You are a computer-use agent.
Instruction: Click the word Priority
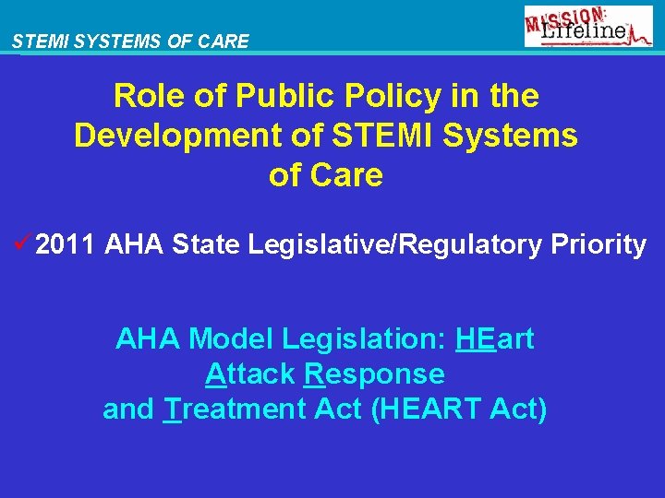[598, 245]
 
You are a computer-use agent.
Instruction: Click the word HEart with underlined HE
[494, 339]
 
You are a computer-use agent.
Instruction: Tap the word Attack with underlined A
[249, 374]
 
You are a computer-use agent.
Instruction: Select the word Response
[373, 374]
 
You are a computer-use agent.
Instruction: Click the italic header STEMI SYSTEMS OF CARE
[130, 41]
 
